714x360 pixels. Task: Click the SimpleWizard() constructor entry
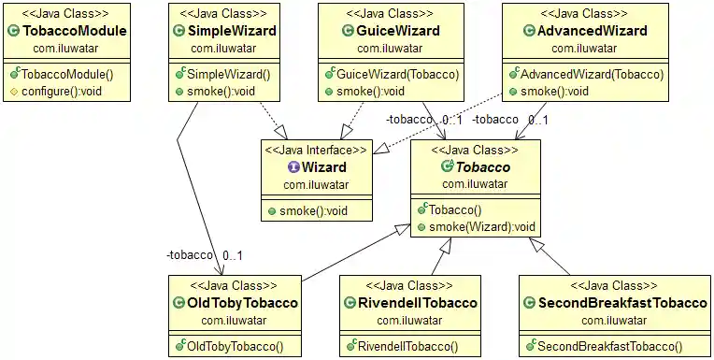coord(230,74)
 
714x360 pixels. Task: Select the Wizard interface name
coord(324,167)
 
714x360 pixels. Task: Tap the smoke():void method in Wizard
coord(313,211)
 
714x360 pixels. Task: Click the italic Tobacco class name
coord(482,167)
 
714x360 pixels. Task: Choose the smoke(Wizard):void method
coord(482,227)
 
